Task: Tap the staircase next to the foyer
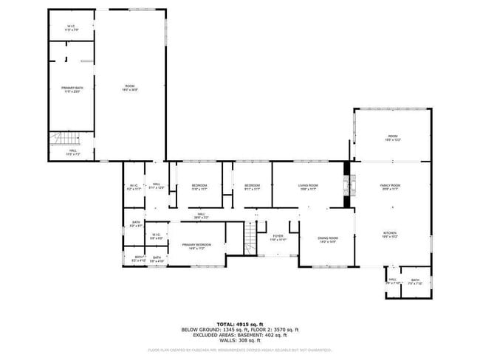click(250, 238)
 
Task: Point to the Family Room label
click(390, 187)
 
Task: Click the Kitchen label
click(390, 235)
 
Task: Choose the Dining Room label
click(328, 239)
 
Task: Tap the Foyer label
click(277, 238)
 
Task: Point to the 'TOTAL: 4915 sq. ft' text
click(240, 324)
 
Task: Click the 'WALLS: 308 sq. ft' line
click(240, 342)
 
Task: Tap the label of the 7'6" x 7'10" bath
click(415, 281)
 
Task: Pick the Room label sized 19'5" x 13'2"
click(393, 138)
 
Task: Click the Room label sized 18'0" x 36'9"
click(129, 89)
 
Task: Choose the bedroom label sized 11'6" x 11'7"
click(199, 187)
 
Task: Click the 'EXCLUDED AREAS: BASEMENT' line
click(240, 336)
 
